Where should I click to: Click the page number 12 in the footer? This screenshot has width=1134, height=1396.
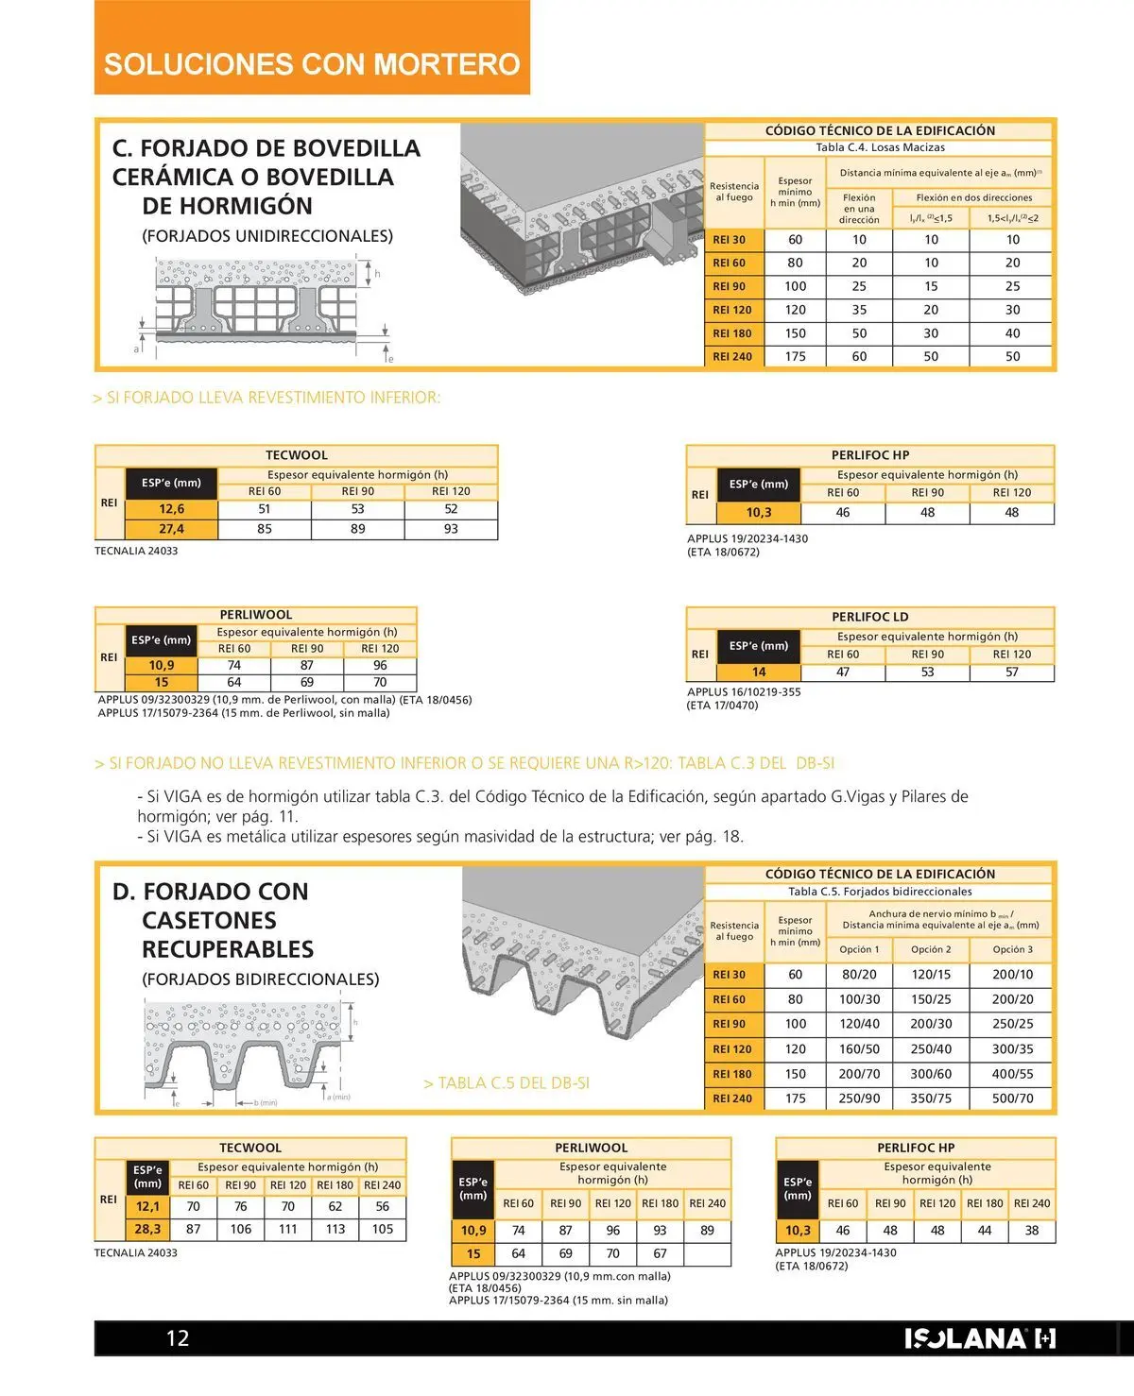click(178, 1337)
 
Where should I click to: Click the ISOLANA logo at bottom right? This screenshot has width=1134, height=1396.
click(980, 1338)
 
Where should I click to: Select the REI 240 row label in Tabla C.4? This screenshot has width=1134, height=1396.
click(732, 357)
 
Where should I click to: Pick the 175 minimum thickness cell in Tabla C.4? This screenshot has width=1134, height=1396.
click(796, 357)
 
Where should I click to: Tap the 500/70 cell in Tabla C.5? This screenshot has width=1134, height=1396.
click(1012, 1098)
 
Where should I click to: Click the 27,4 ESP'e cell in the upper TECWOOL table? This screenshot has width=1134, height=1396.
click(171, 529)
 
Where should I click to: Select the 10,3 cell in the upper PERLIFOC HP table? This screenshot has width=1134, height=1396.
click(759, 513)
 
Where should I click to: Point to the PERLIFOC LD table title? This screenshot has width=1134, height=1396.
click(869, 617)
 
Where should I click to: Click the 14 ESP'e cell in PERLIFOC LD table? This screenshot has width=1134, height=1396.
click(759, 672)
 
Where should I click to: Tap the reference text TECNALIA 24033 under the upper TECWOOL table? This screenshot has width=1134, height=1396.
click(136, 551)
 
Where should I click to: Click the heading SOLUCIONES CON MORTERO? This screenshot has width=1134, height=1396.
click(312, 64)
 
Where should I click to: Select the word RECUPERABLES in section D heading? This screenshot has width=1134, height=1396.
click(228, 949)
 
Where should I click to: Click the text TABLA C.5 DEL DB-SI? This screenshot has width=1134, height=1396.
click(507, 1083)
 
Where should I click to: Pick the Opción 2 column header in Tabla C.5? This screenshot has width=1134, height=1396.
click(931, 949)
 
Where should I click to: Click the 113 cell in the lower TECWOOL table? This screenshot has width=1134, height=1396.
click(335, 1229)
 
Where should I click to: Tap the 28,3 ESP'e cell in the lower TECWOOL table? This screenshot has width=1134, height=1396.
click(147, 1229)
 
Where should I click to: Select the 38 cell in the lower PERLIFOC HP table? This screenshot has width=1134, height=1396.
click(1032, 1231)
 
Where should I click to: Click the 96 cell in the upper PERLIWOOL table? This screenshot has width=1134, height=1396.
click(380, 665)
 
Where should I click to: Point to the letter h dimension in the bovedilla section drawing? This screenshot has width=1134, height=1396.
click(377, 274)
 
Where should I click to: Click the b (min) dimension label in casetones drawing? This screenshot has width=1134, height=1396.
click(265, 1102)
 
